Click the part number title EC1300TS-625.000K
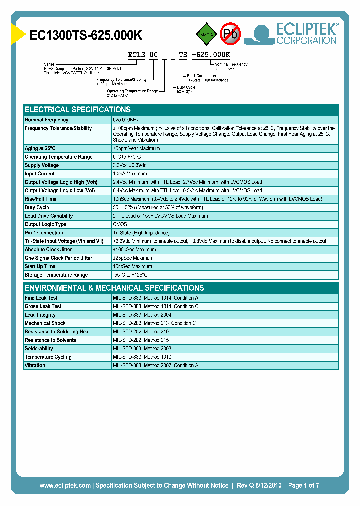pyautogui.click(x=86, y=35)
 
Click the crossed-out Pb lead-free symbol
pyautogui.click(x=230, y=34)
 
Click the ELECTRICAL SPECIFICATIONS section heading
pyautogui.click(x=78, y=110)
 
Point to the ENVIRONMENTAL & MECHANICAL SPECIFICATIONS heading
pyautogui.click(x=114, y=288)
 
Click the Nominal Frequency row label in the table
pyautogui.click(x=47, y=120)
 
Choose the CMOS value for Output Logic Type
pyautogui.click(x=120, y=225)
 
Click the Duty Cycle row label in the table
pyautogui.click(x=37, y=208)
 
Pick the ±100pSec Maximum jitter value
pyautogui.click(x=135, y=250)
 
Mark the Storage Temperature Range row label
pyautogui.click(x=56, y=275)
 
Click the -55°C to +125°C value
pyautogui.click(x=131, y=275)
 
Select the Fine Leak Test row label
pyautogui.click(x=42, y=298)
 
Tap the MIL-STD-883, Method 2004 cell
pyautogui.click(x=142, y=315)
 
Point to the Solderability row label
pyautogui.click(x=39, y=349)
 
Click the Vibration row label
pyautogui.click(x=35, y=366)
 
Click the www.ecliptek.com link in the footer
pyautogui.click(x=65, y=485)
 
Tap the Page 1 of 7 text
pyautogui.click(x=303, y=485)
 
